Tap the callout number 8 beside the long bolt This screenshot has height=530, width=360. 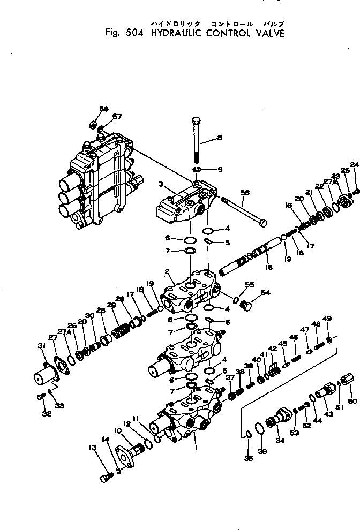[x=219, y=138]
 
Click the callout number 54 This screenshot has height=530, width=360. [x=265, y=293]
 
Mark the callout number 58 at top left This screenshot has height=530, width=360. [x=104, y=109]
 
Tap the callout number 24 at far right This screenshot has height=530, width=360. [x=354, y=164]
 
